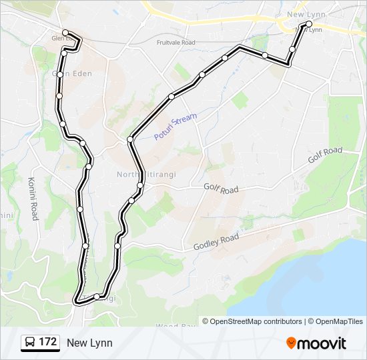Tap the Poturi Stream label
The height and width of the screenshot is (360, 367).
pos(176,127)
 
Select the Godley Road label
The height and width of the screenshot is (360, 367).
pos(216,242)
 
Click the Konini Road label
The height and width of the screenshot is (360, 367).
pos(33,199)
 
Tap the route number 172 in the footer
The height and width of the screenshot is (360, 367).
pos(47,342)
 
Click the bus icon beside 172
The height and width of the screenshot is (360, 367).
pos(30,343)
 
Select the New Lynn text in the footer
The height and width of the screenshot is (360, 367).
pos(89,343)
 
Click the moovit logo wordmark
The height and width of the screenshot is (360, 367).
pos(322,343)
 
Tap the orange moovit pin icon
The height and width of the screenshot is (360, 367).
pos(291,343)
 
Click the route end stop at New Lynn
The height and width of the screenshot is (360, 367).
pos(309,24)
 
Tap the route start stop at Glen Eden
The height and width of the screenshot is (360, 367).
pos(65,32)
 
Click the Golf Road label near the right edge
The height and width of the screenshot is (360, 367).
pos(325,155)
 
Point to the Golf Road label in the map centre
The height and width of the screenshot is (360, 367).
pos(221,189)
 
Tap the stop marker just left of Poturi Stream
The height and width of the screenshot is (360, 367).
pos(131,139)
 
